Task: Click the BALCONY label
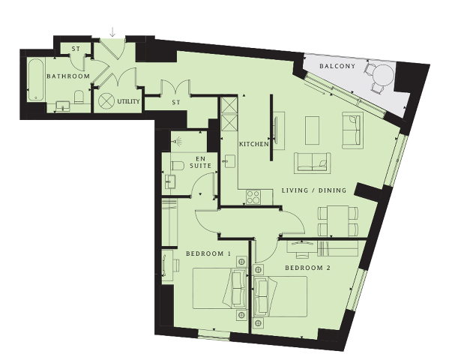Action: point(337,66)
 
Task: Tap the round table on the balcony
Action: point(383,75)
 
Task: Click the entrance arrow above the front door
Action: point(112,32)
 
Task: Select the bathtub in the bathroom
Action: point(36,80)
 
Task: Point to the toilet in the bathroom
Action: point(79,97)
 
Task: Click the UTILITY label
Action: point(128,101)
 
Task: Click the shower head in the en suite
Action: point(177,141)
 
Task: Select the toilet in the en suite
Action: point(178,166)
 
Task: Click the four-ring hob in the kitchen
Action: point(253,197)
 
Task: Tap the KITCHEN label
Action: point(253,144)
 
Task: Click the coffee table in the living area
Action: point(312,130)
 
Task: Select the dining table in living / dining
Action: point(338,220)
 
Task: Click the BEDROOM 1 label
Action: point(208,253)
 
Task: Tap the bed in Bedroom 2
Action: point(280,296)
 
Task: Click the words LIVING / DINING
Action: point(314,190)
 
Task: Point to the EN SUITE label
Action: point(201,163)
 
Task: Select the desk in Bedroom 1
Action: point(167,266)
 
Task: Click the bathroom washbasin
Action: point(62,106)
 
